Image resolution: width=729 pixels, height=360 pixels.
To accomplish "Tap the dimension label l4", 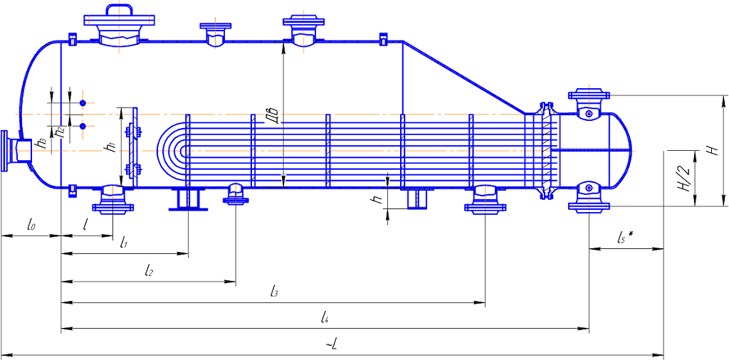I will click(x=324, y=317).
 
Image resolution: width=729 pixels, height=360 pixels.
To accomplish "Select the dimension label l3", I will click(x=274, y=291).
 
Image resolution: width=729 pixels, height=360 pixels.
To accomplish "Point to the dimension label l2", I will click(x=148, y=270).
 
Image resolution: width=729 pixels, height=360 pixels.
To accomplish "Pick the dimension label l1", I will click(x=123, y=243).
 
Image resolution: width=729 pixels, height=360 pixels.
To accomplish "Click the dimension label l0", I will click(x=31, y=226).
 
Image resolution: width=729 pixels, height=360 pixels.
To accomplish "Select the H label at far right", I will click(x=710, y=150).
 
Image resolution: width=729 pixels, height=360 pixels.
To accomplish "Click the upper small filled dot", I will click(x=83, y=104).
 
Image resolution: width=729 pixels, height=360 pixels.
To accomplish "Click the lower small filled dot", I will click(x=83, y=127).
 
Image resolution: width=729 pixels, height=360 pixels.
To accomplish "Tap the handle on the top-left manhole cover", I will click(x=120, y=10).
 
